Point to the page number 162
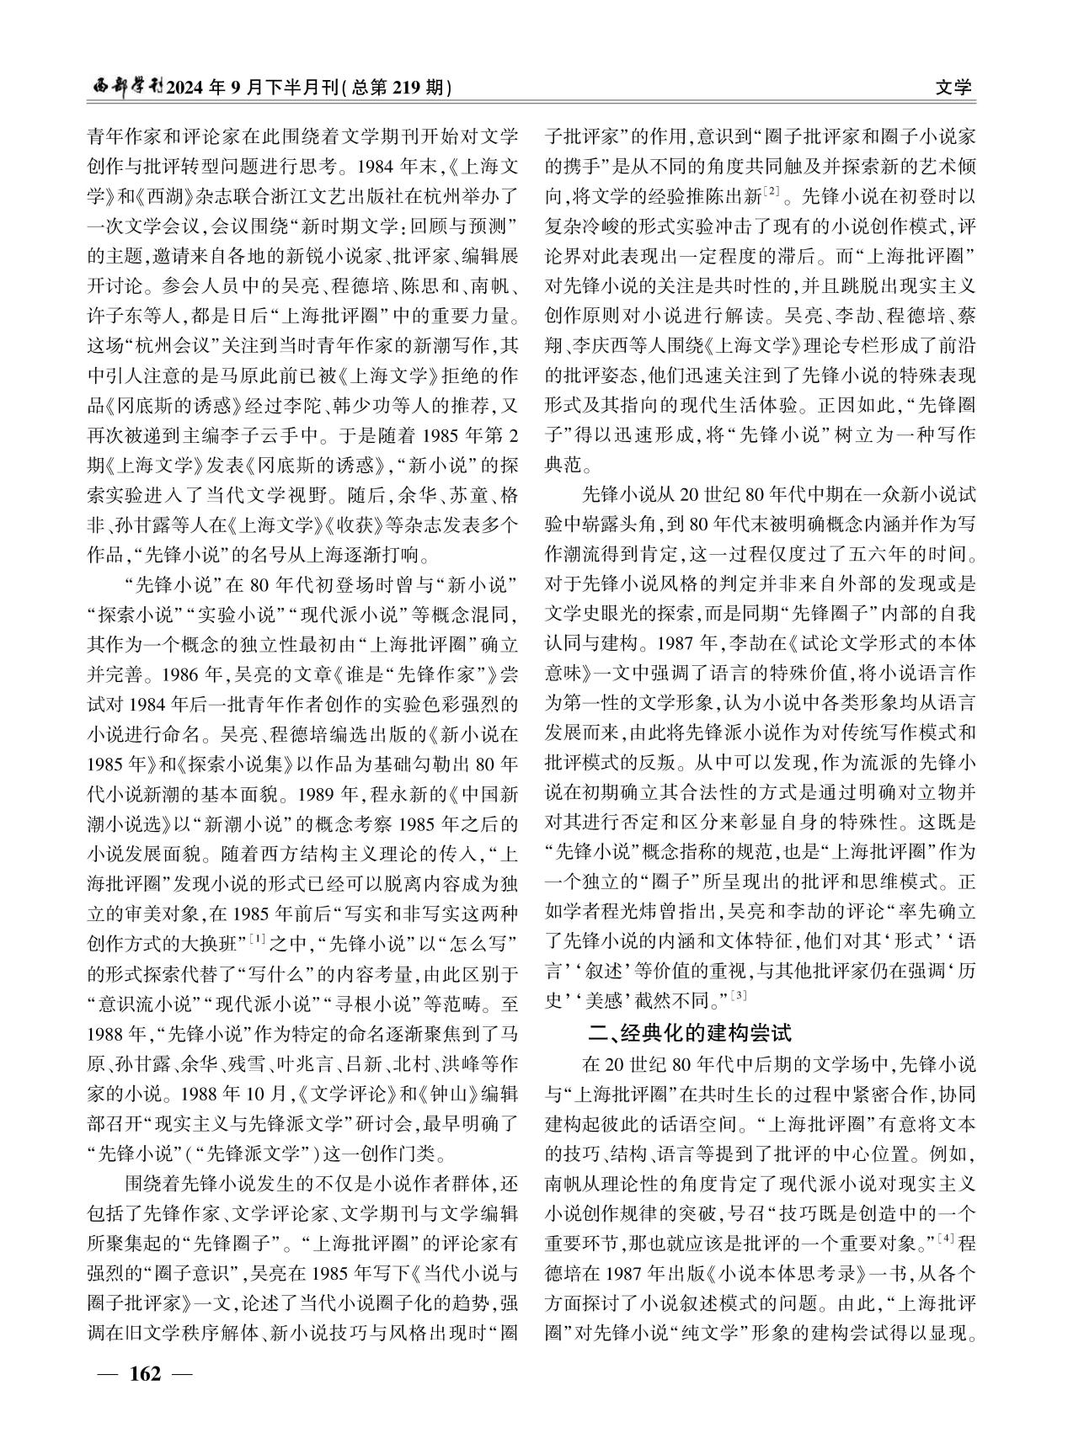pos(144,1374)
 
